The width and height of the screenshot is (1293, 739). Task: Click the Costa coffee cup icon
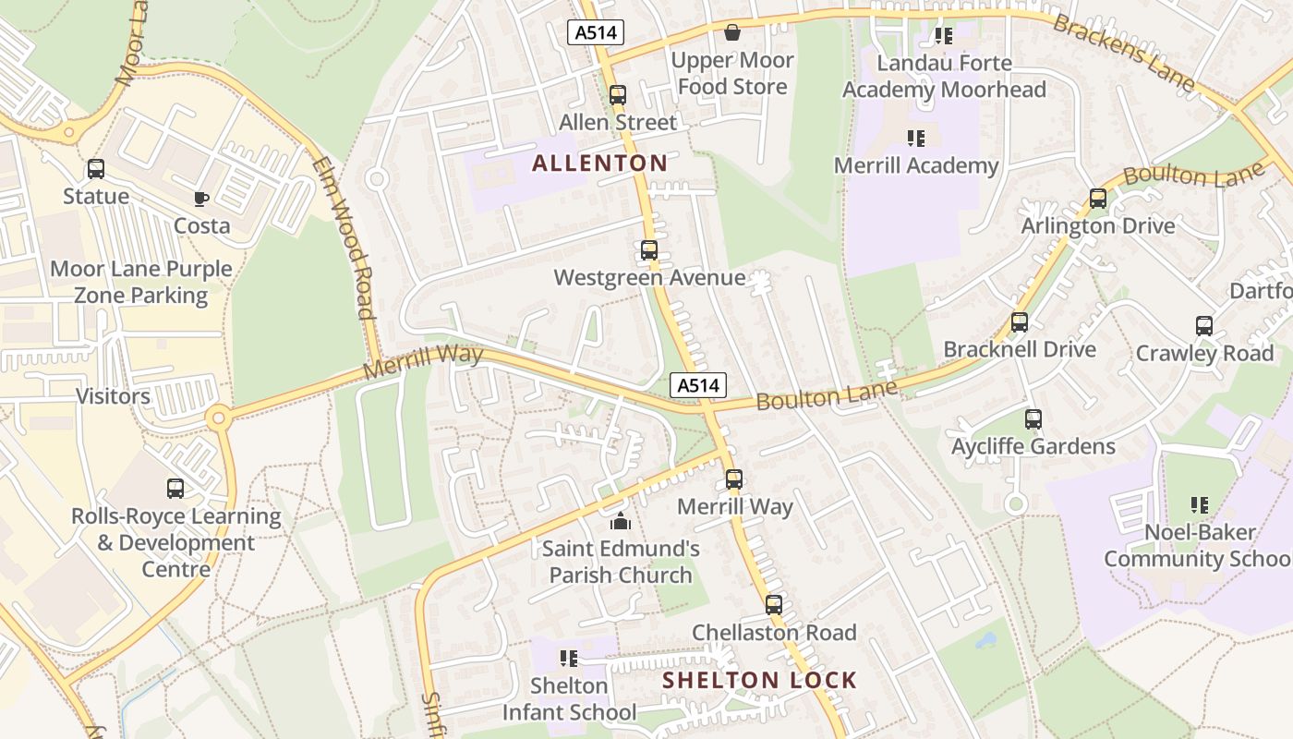click(201, 199)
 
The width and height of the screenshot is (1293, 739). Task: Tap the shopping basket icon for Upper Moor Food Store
click(732, 33)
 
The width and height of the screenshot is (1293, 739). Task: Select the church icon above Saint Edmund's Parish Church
click(620, 521)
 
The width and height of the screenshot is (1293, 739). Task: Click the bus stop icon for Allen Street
click(618, 95)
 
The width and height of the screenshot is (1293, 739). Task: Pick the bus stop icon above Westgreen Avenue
click(649, 250)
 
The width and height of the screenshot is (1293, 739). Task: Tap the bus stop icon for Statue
click(96, 169)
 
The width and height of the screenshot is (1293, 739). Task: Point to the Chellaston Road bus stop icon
click(774, 605)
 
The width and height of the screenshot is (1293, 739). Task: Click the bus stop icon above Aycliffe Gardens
click(1033, 419)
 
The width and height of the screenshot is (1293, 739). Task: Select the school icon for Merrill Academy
click(916, 139)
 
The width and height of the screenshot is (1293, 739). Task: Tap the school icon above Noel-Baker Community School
click(1200, 505)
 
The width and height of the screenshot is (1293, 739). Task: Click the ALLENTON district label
click(599, 164)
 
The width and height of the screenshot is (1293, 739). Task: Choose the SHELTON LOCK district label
click(760, 681)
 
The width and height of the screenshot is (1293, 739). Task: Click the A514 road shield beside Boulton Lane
click(697, 385)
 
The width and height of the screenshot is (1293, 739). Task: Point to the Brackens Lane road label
click(1124, 52)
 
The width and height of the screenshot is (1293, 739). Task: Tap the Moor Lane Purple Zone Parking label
click(141, 282)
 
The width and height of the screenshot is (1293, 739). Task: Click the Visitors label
click(113, 396)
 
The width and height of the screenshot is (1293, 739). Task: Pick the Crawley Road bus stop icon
click(1204, 326)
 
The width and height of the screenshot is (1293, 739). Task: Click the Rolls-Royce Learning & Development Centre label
click(176, 542)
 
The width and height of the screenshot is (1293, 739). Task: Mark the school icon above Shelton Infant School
click(569, 659)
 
